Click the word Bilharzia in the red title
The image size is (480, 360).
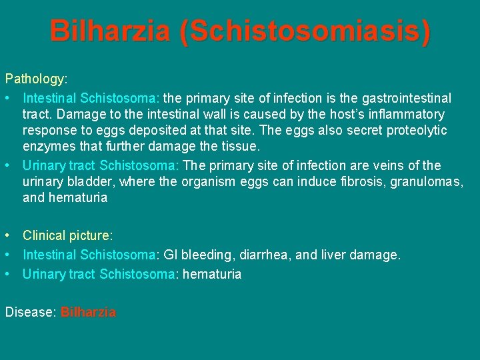point(109,31)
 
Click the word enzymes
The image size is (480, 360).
point(49,147)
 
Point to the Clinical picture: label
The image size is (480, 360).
point(68,235)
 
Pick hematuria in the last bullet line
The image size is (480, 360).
point(211,274)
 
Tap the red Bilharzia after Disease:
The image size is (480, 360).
point(88,312)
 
